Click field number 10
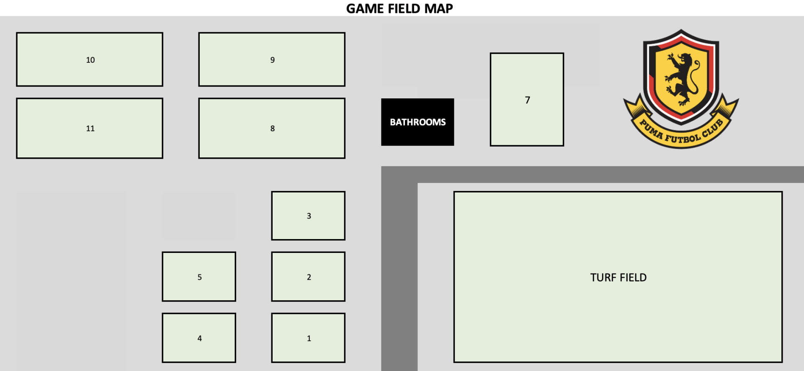(90, 59)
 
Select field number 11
(90, 128)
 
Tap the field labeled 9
(272, 59)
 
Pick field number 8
(272, 128)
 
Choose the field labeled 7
(527, 99)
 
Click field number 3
(308, 216)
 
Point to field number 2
(308, 276)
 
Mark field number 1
(308, 338)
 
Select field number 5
(199, 276)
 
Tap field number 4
(199, 338)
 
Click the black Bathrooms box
(417, 122)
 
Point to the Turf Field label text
(618, 277)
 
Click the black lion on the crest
(682, 79)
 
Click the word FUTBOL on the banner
(683, 138)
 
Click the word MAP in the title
(438, 8)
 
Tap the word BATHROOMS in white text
(418, 122)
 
